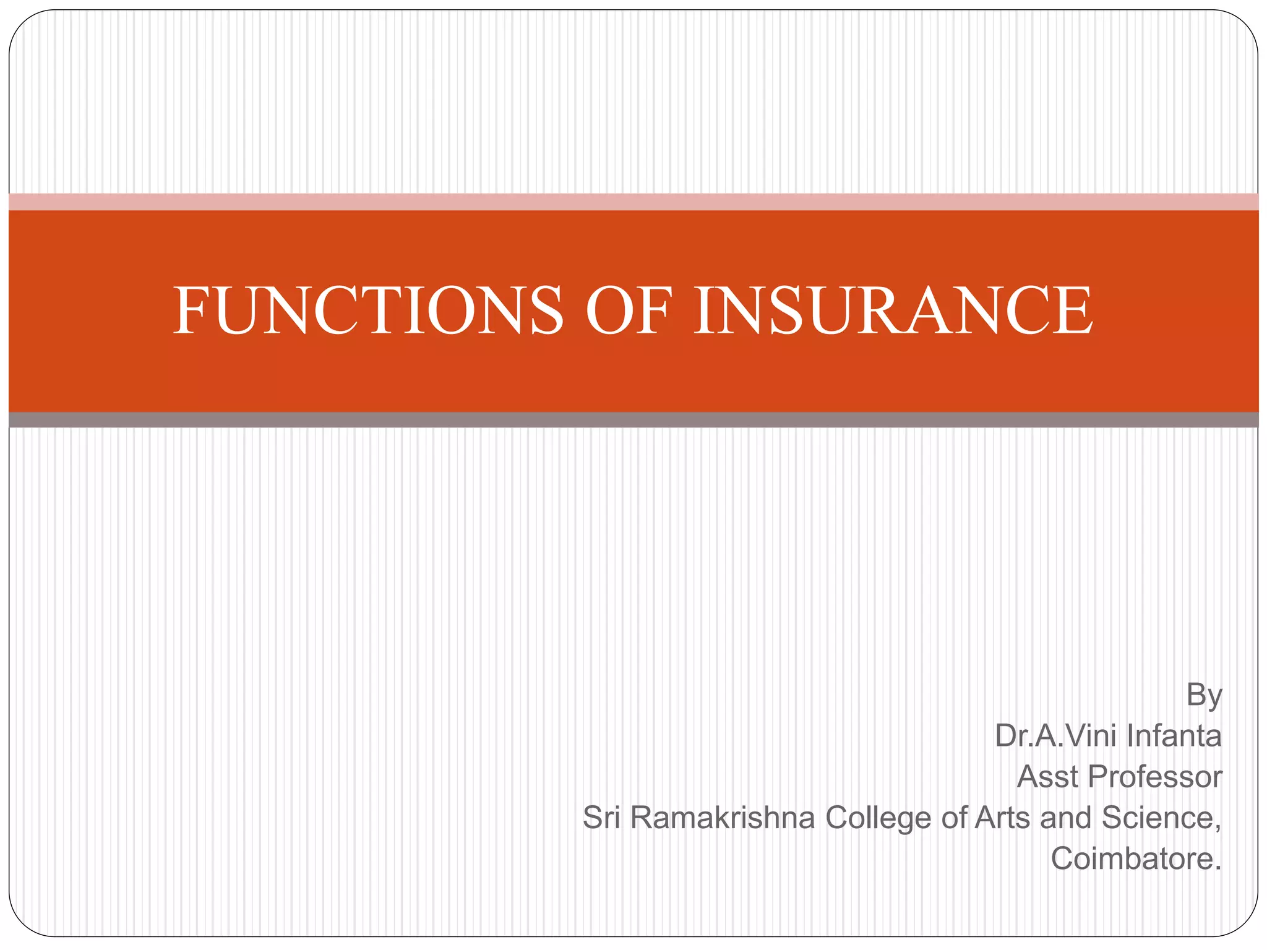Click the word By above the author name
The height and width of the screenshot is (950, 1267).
pos(1204,696)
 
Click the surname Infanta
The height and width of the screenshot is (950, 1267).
pos(1174,736)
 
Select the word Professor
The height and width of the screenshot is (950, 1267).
pos(1155,777)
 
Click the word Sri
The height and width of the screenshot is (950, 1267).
pos(601,818)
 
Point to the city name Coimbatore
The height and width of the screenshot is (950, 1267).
pos(1136,858)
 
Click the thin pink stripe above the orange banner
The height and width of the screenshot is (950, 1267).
pos(633,202)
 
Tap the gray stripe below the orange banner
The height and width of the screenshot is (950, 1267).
pos(633,420)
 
